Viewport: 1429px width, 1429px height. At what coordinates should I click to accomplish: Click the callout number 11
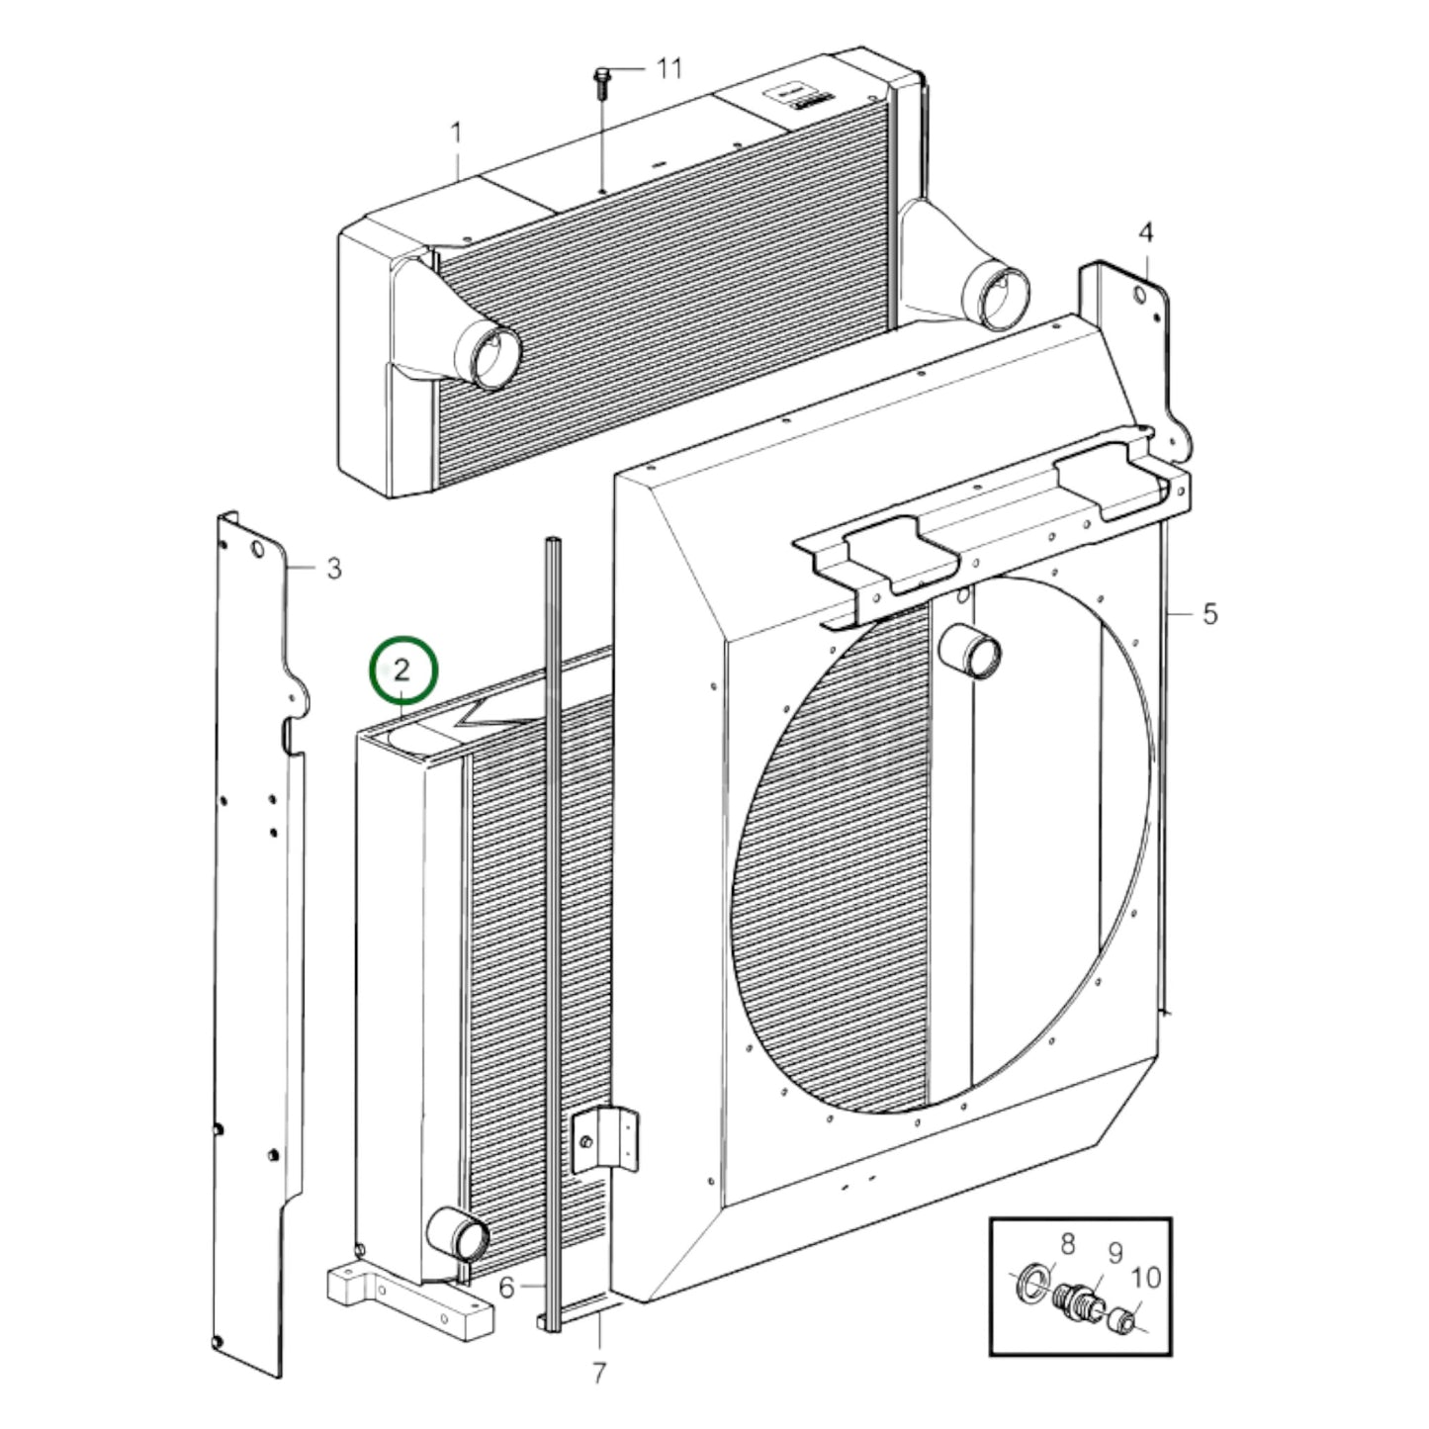(x=670, y=68)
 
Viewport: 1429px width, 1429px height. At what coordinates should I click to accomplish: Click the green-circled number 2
(x=402, y=670)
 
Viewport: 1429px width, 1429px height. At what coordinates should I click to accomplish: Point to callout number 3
(x=333, y=569)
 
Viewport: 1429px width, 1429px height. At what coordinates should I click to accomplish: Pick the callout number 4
(x=1145, y=233)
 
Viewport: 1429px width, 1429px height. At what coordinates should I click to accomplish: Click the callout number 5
(x=1209, y=614)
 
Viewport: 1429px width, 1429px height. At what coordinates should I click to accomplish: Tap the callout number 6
(x=506, y=1287)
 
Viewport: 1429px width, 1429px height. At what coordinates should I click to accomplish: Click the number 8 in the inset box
(x=1067, y=1244)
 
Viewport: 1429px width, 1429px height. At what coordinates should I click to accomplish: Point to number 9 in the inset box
(x=1115, y=1253)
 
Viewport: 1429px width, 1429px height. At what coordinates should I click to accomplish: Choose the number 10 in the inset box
(x=1145, y=1278)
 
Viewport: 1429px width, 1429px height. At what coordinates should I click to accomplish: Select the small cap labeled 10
(x=1119, y=1318)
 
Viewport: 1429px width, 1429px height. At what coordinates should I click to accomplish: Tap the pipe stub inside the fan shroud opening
(x=971, y=652)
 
